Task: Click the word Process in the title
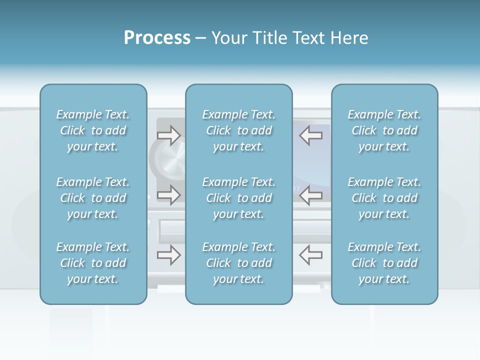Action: click(x=157, y=38)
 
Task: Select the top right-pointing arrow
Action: click(x=169, y=135)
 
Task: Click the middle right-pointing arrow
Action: click(x=169, y=195)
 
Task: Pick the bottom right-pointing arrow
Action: click(x=169, y=255)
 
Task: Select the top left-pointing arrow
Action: click(x=310, y=135)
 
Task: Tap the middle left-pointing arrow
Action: click(x=310, y=195)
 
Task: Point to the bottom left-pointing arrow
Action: click(x=310, y=255)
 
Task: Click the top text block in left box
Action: click(x=93, y=130)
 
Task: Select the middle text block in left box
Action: click(x=93, y=198)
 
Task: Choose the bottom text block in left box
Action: click(x=93, y=263)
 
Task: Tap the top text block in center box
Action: click(x=238, y=130)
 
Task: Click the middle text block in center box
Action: click(x=238, y=198)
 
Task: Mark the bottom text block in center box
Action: click(x=238, y=263)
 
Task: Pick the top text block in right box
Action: click(x=384, y=130)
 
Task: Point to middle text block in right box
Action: click(x=384, y=198)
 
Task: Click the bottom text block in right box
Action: click(x=384, y=263)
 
